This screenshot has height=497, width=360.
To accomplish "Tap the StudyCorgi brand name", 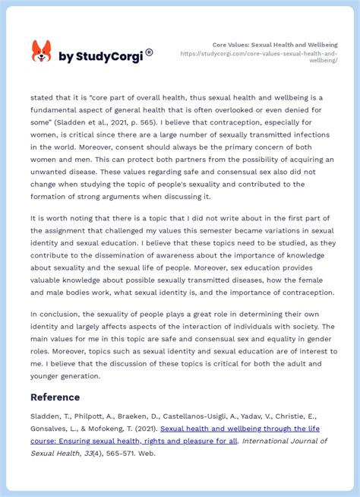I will point(100,56).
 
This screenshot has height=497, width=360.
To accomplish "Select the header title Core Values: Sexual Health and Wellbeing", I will point(275,45).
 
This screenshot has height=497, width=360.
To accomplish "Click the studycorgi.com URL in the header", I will point(259,56).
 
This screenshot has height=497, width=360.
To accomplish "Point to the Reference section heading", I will point(55,397).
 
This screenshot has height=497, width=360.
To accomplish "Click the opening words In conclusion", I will point(55,314).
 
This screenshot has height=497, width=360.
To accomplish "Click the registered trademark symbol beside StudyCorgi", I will point(149,52).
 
